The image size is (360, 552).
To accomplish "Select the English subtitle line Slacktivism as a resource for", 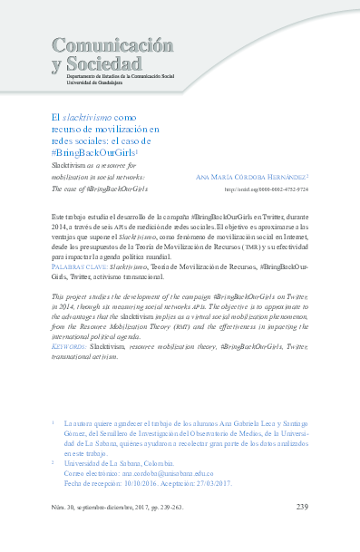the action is click(x=98, y=167).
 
